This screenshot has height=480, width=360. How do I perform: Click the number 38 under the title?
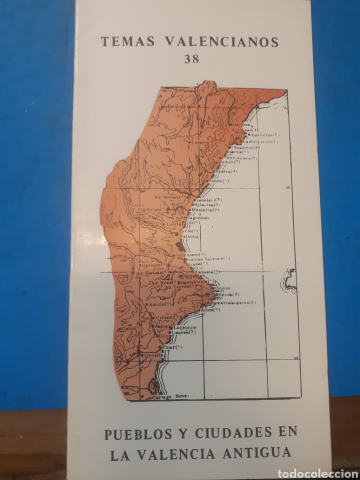coord(191,59)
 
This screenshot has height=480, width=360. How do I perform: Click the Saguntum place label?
coord(199,218)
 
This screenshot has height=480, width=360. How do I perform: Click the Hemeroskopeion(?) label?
coord(233,302)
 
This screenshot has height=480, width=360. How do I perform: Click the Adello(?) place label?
coord(159,303)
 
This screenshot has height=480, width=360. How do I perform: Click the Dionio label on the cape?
coord(222,288)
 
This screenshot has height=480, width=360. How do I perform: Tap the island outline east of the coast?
coord(288,280)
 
